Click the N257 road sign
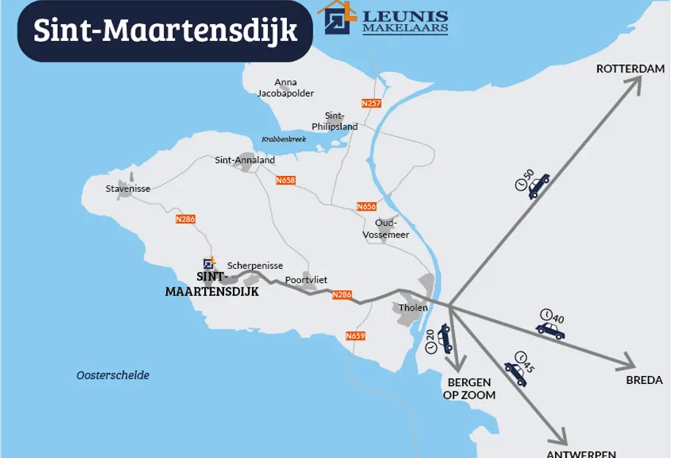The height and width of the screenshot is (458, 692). click(x=371, y=103)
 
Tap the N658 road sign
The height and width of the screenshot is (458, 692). click(x=286, y=180)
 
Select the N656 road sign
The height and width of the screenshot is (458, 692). click(x=366, y=207)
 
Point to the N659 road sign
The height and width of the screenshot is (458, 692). click(x=355, y=336)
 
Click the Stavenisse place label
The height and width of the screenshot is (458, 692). click(x=127, y=189)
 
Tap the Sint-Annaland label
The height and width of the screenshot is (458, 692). click(x=245, y=160)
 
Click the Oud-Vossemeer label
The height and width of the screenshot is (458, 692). click(x=386, y=229)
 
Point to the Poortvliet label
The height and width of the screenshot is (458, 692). click(x=306, y=280)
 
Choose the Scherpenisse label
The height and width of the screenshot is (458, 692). click(x=255, y=266)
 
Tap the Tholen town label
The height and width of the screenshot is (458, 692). click(x=413, y=308)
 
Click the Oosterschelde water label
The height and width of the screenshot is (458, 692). click(x=113, y=375)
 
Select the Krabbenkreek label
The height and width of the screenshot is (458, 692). click(x=283, y=139)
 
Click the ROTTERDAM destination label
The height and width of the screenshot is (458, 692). click(x=630, y=69)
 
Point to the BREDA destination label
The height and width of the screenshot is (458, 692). click(x=644, y=380)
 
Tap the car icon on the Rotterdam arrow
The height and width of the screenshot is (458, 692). click(x=538, y=186)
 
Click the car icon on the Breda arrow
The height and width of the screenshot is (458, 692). click(x=550, y=330)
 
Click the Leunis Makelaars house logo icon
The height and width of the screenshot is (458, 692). click(x=336, y=18)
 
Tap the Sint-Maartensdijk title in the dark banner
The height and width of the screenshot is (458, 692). click(x=165, y=31)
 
